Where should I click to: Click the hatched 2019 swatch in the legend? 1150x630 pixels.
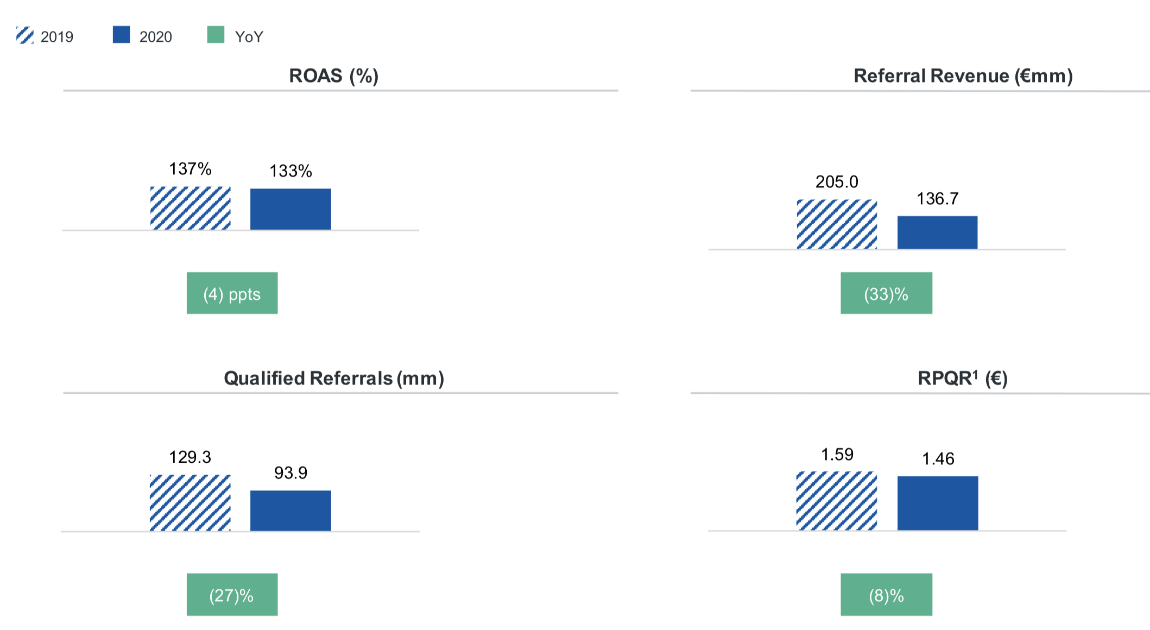tap(25, 35)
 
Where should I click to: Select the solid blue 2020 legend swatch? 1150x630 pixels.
tap(121, 35)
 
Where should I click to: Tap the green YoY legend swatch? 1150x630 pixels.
tap(216, 35)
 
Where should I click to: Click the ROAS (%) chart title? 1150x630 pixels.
tap(333, 75)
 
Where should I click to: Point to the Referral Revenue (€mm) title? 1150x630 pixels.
tap(963, 75)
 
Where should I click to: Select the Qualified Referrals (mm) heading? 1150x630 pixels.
tap(333, 378)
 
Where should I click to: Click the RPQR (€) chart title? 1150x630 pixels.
tap(962, 378)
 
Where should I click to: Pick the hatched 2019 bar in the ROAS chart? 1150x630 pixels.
tap(190, 208)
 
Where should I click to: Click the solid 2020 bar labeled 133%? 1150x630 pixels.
tap(290, 209)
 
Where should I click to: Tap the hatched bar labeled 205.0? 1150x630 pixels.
tap(837, 224)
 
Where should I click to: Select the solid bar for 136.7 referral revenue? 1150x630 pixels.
tap(937, 232)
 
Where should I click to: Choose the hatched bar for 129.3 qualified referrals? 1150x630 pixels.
tap(190, 502)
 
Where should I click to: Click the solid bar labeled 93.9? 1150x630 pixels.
tap(290, 511)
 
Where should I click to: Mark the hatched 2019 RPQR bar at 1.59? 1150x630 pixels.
tap(837, 500)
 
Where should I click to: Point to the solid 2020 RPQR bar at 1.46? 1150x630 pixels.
tap(938, 503)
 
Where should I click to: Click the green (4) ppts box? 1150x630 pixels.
tap(232, 293)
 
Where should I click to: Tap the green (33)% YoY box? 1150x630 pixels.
tap(886, 293)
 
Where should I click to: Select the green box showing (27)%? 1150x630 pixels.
tap(232, 595)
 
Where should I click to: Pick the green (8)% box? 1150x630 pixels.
tap(886, 595)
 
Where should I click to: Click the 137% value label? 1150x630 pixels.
tap(190, 169)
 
